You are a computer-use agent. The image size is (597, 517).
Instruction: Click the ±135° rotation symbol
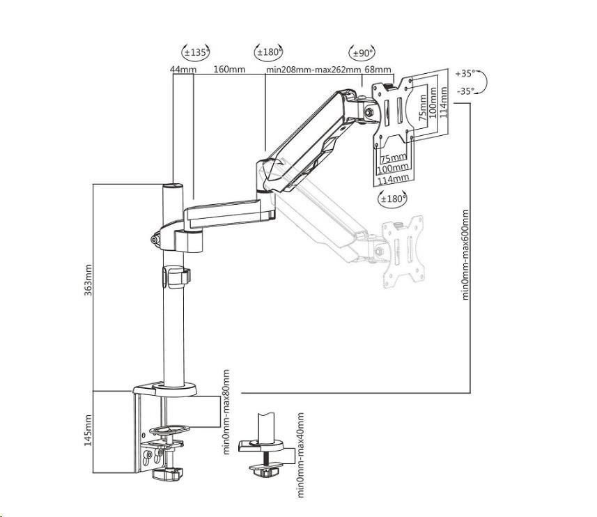196,52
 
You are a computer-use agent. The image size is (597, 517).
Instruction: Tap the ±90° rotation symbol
362,52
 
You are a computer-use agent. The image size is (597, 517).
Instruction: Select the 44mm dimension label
183,70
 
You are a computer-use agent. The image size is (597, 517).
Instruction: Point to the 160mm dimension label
228,70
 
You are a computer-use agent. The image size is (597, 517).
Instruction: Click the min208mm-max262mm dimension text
313,70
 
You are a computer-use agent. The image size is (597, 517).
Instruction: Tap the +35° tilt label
465,72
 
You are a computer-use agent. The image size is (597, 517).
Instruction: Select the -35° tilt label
465,90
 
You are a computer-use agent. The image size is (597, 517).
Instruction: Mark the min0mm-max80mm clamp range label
226,412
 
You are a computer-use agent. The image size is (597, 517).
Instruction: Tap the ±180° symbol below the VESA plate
392,199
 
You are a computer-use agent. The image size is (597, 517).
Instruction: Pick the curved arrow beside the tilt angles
483,82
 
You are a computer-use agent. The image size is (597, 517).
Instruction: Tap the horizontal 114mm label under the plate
393,180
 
